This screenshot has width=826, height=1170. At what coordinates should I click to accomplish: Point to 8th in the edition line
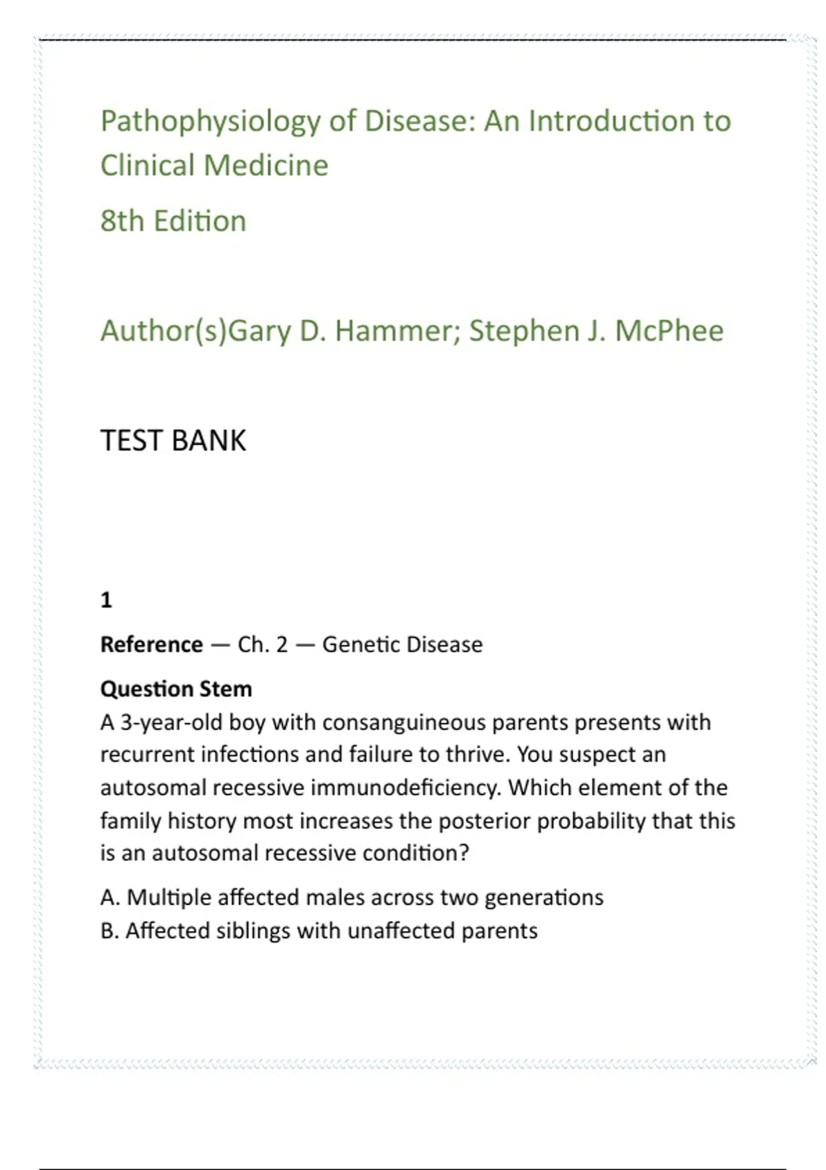(122, 221)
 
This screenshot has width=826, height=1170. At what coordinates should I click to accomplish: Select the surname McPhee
(669, 331)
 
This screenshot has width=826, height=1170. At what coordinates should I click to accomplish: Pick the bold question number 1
(106, 600)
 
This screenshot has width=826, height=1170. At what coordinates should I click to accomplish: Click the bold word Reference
(151, 644)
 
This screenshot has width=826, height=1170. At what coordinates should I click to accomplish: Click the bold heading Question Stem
(176, 688)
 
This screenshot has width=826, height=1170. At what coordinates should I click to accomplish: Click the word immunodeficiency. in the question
(406, 787)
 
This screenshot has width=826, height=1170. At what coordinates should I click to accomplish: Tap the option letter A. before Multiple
(110, 897)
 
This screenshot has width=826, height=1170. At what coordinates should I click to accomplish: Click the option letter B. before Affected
(109, 930)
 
